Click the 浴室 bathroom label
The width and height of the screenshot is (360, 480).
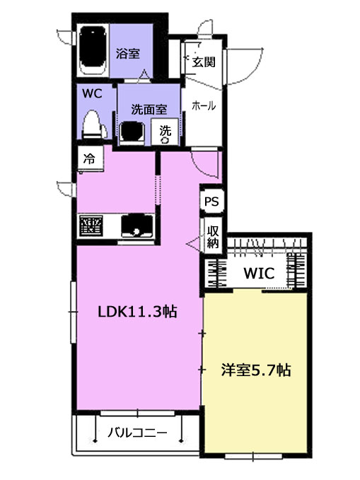(x=129, y=52)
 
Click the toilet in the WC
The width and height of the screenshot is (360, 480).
(x=92, y=126)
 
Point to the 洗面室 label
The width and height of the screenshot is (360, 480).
(x=149, y=110)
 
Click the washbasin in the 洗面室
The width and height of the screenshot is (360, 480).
(x=132, y=132)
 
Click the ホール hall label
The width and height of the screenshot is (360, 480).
(x=204, y=106)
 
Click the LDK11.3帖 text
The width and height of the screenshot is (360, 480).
(x=137, y=312)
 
